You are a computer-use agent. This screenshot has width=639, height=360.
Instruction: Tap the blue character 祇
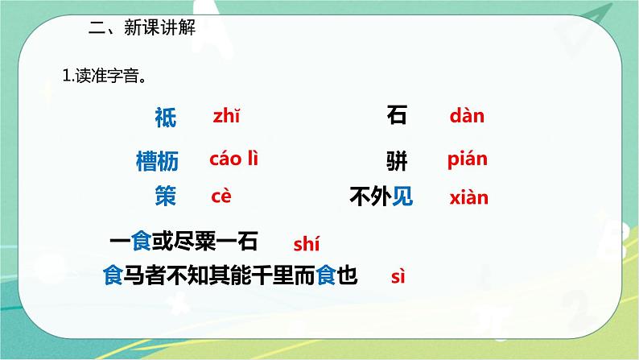[x=165, y=118]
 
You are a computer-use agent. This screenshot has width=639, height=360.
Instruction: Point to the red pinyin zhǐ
[x=226, y=117]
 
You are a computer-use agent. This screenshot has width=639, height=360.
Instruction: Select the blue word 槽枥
[x=157, y=161]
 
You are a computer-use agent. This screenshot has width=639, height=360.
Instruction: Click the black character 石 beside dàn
[x=397, y=116]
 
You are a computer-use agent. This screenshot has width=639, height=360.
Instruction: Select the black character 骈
[x=397, y=161]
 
